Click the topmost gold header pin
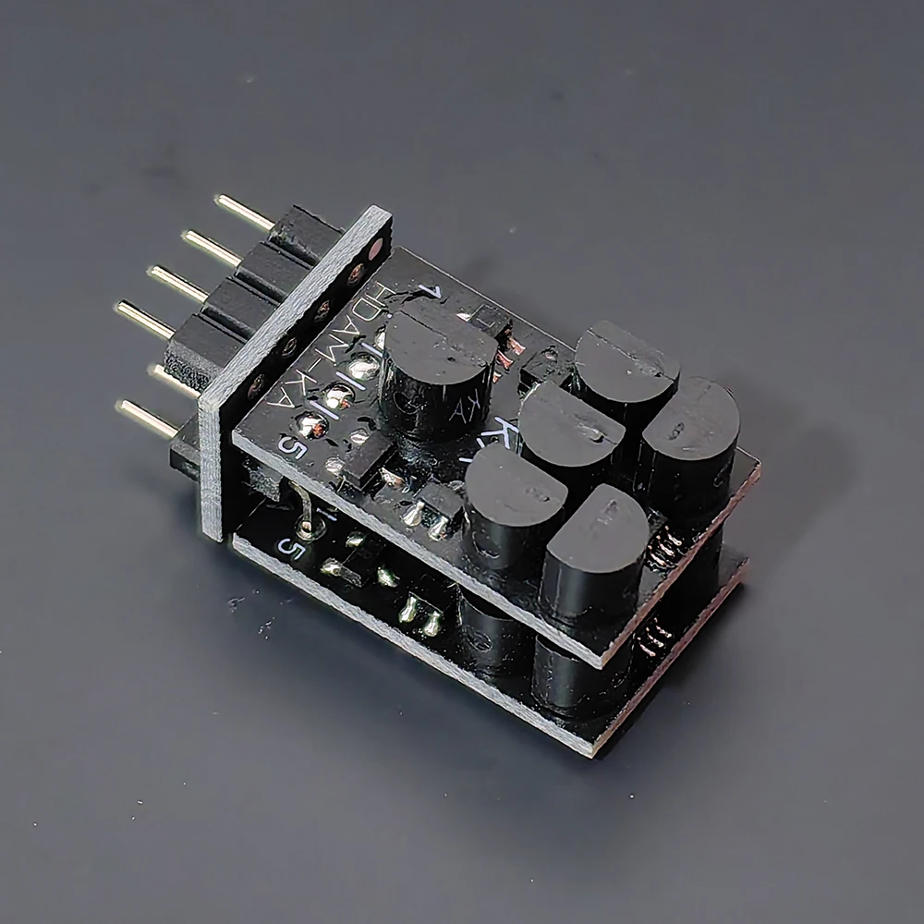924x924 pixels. (242, 212)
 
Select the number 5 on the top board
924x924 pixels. (295, 449)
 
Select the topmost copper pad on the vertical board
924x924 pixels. (375, 249)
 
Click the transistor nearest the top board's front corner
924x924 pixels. (591, 545)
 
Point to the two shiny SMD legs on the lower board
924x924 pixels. (420, 614)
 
